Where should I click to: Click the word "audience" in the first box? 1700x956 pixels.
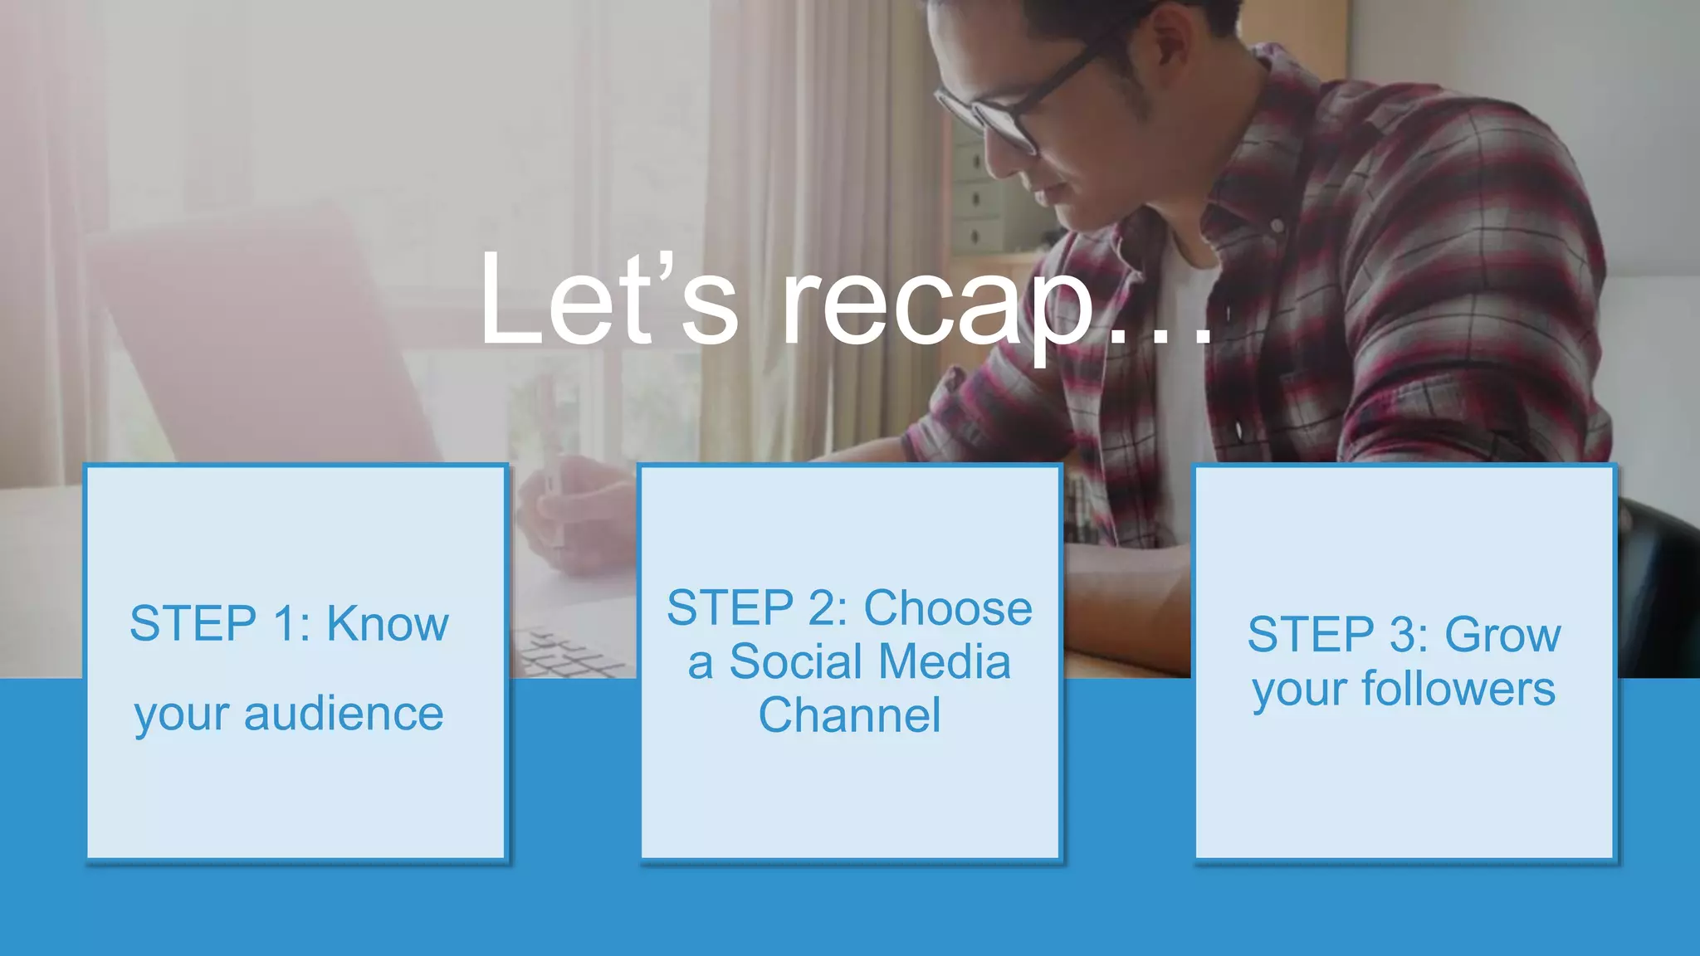(x=344, y=714)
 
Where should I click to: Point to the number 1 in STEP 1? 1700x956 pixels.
(x=285, y=624)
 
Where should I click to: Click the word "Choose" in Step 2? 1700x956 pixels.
(x=948, y=608)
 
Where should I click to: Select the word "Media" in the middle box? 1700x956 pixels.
(x=944, y=662)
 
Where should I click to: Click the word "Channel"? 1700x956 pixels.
(x=849, y=715)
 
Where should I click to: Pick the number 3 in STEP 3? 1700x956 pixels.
(x=1403, y=635)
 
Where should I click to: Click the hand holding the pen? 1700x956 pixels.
(x=573, y=515)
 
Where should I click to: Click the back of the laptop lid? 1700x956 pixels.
(x=249, y=332)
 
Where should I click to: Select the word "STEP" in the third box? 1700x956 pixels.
(x=1311, y=635)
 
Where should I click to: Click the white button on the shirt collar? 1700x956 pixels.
(x=1276, y=227)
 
